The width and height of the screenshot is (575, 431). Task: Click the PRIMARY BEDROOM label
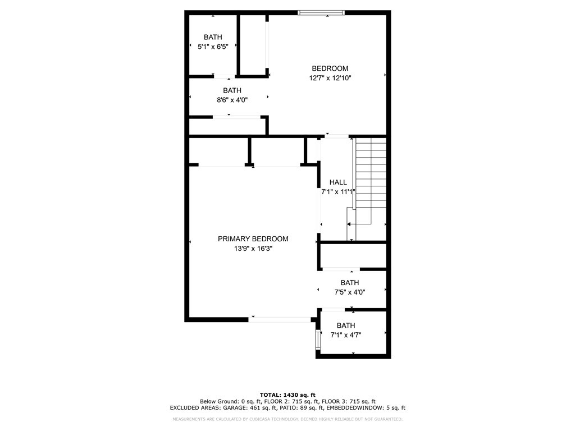253,239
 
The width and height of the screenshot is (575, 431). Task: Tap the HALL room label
338,182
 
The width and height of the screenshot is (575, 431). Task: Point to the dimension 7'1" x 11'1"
338,192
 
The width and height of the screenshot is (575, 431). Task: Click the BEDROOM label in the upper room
330,68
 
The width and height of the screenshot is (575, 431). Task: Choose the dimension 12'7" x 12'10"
330,79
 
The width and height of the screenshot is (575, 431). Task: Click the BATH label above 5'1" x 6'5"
213,37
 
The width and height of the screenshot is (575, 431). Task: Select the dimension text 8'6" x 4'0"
232,100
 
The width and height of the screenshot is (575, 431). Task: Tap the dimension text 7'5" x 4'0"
349,292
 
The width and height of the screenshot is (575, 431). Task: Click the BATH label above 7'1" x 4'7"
346,325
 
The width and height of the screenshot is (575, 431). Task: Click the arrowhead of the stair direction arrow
349,224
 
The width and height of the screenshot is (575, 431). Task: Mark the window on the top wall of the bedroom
321,12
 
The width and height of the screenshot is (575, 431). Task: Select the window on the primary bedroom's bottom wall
280,319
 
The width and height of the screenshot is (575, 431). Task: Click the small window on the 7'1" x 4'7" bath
318,339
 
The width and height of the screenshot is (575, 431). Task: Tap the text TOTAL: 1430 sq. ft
287,395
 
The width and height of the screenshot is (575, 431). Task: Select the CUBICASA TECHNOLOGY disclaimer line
287,419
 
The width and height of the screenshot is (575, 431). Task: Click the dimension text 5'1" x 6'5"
213,47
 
